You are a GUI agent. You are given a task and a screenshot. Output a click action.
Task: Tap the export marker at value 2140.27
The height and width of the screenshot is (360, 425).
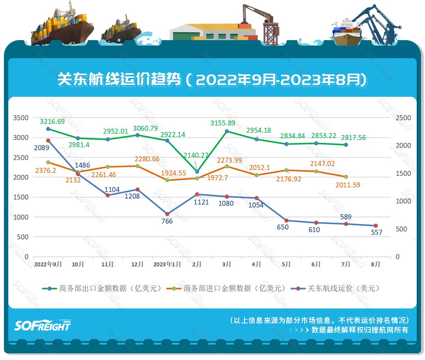coord(197,172)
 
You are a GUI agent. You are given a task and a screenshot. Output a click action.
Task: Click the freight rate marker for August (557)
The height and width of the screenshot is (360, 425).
coord(375,225)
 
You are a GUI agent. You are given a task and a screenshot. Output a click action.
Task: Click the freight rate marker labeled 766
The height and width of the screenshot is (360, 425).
coord(167,214)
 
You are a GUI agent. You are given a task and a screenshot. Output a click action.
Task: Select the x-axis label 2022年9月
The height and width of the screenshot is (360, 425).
coord(48,264)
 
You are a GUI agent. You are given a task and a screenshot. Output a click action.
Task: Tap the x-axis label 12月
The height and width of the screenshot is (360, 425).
coord(137,264)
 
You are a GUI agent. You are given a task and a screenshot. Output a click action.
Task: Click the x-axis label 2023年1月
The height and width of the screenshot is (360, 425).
coord(167,264)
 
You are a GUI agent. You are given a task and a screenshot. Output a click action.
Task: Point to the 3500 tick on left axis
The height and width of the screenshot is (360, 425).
coord(21,118)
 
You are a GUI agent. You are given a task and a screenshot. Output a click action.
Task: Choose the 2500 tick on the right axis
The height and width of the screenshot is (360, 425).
coord(403,118)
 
